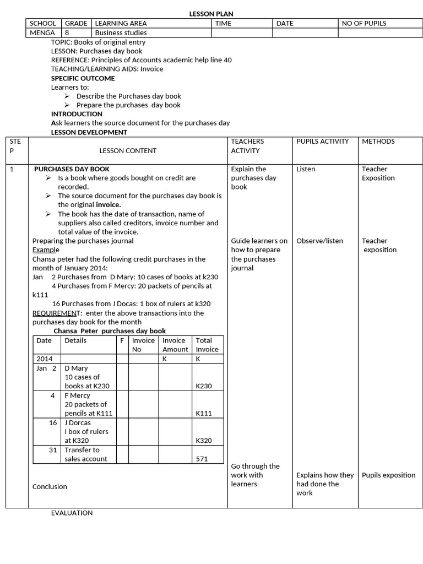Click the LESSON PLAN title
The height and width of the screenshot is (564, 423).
[x=208, y=14]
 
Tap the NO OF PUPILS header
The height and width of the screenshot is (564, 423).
[x=364, y=23]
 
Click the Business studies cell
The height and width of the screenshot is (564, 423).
[x=121, y=32]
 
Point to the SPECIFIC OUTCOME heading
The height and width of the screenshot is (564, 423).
[x=83, y=78]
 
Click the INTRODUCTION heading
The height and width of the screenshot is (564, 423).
[x=77, y=114]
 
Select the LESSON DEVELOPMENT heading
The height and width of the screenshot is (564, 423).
[x=89, y=132]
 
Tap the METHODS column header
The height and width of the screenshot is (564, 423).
[x=378, y=142]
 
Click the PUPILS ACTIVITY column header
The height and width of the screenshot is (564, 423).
[x=322, y=142]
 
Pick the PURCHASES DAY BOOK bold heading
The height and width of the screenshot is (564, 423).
[x=72, y=169]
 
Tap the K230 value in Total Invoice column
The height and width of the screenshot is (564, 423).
[x=204, y=386]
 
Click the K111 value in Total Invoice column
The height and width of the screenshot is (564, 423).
[x=204, y=413]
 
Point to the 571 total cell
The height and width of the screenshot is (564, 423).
[x=202, y=459]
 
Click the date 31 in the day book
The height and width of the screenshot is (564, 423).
[x=53, y=449]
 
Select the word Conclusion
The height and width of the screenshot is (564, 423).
[x=50, y=486]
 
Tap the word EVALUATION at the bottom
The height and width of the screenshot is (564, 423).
[x=72, y=513]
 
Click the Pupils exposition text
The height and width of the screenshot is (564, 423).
[x=388, y=475]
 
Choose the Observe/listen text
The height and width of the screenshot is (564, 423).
[x=319, y=241]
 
